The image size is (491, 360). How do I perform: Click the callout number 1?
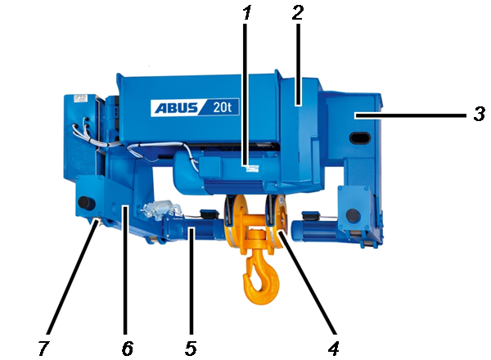[x=247, y=13]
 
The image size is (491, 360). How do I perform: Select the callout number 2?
[x=298, y=13]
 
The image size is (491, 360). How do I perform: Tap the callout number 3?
[x=479, y=114]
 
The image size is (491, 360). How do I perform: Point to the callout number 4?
[x=334, y=348]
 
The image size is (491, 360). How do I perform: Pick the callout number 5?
[x=191, y=348]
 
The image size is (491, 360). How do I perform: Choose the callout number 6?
[x=128, y=348]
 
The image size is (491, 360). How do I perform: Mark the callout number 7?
[x=44, y=348]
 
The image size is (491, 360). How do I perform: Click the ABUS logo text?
[x=176, y=108]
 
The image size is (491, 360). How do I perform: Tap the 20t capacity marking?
[x=222, y=107]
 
